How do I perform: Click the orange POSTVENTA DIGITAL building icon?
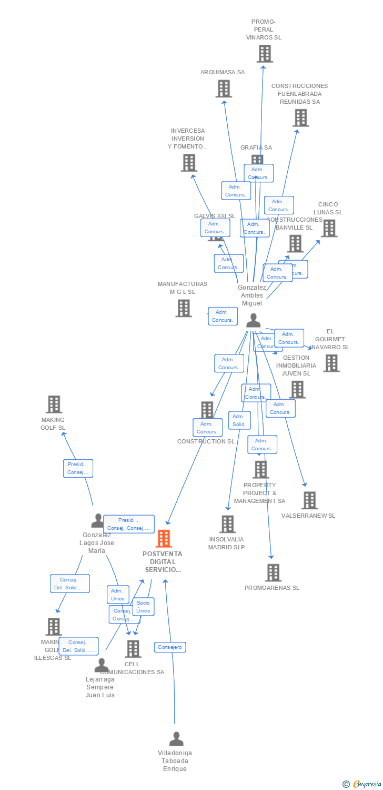(x=164, y=539)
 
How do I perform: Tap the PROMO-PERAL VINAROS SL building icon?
(x=265, y=54)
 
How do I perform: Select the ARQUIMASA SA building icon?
(x=224, y=88)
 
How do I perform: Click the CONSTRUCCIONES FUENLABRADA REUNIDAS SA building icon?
(x=300, y=118)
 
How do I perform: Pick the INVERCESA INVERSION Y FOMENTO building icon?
(x=189, y=163)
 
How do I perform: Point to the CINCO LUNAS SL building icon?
(x=329, y=228)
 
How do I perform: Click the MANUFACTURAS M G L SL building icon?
(x=184, y=308)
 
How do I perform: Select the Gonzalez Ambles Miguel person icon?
(x=254, y=320)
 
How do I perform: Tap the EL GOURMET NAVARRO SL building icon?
(x=331, y=363)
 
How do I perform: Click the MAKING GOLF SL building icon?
(x=54, y=404)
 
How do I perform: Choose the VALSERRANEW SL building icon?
(x=309, y=500)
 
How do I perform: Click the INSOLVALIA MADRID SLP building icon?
(x=228, y=524)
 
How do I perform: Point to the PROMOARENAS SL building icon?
(x=273, y=572)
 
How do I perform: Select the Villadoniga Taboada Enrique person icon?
(x=176, y=739)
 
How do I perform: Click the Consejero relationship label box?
(x=170, y=647)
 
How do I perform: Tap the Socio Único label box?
(x=143, y=607)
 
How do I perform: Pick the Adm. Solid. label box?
(x=239, y=420)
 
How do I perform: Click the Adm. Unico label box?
(x=118, y=595)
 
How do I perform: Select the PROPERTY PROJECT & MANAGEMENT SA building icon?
(x=260, y=469)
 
